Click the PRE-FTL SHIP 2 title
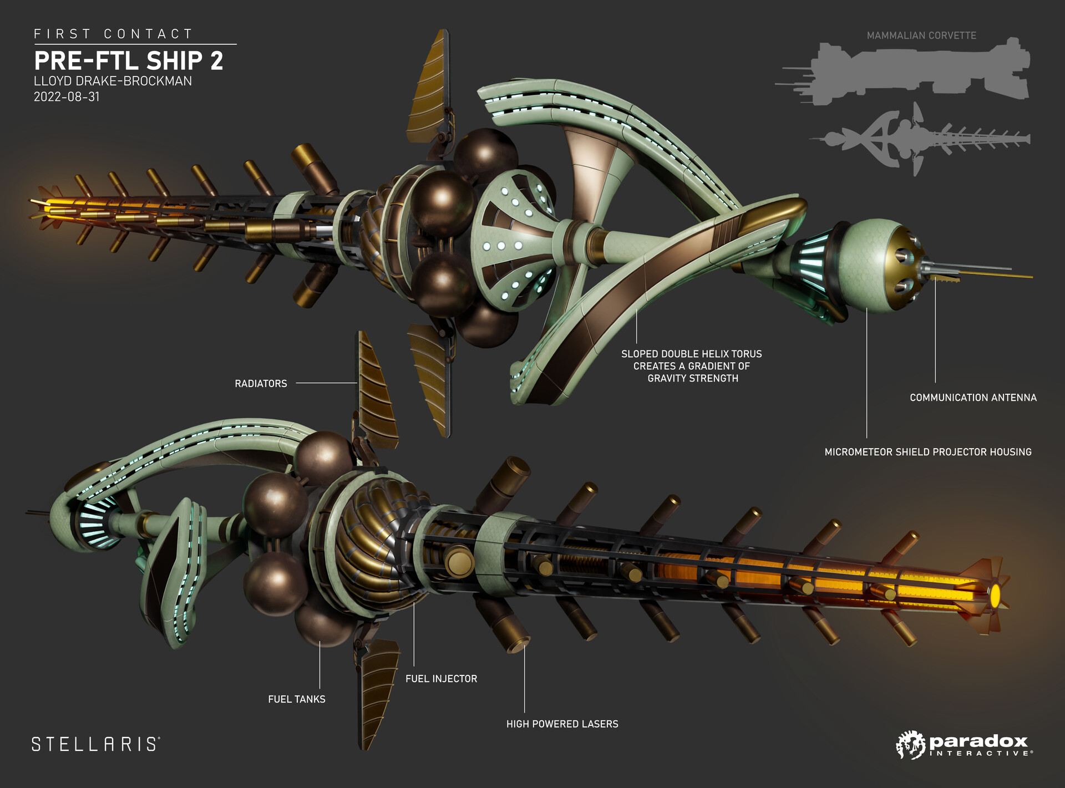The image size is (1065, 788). (128, 60)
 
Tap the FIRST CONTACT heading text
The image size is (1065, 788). (113, 34)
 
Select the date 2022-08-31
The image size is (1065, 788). (67, 96)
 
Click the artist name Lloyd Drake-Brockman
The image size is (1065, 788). (113, 81)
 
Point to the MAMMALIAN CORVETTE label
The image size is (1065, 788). (921, 35)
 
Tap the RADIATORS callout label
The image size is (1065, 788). (261, 384)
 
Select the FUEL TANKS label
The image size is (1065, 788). (297, 699)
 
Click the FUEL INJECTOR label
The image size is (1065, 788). (441, 679)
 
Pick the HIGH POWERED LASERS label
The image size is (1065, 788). (562, 724)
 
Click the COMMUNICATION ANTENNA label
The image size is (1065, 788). (973, 398)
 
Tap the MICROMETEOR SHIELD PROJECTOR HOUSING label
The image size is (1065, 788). (928, 452)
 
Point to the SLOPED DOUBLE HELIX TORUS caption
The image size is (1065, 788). (692, 366)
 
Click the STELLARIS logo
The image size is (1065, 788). (96, 744)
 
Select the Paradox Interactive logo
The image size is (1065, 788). (965, 745)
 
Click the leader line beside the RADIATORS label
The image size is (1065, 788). (326, 383)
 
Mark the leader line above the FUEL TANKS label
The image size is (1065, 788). (319, 665)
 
